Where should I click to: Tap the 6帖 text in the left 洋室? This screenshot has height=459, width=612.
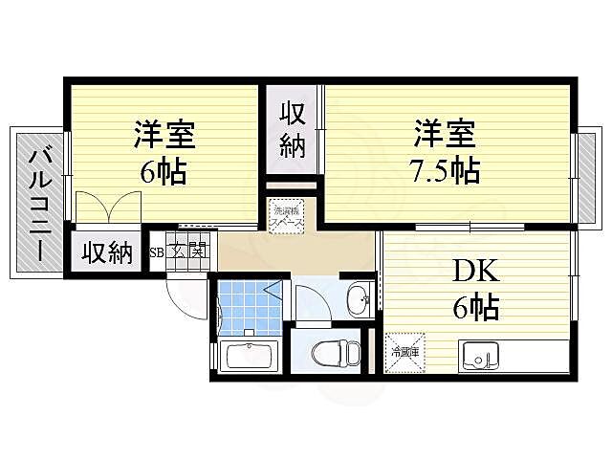[164, 173]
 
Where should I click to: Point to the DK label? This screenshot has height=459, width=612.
[475, 270]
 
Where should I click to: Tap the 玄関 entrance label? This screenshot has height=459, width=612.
[189, 251]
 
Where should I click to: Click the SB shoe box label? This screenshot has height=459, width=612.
[157, 252]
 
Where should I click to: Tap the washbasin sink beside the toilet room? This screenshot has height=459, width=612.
[359, 299]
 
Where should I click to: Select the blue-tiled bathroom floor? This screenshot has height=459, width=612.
[246, 306]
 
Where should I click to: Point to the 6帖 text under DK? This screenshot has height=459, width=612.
[475, 309]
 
